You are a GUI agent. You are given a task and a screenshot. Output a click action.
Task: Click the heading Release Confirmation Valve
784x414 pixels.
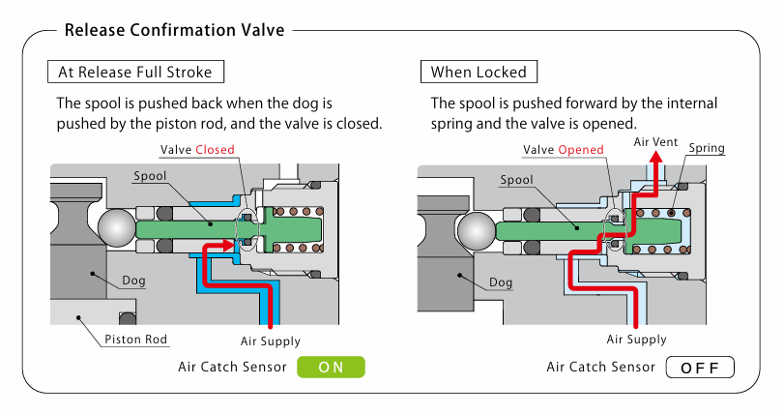[x=174, y=30]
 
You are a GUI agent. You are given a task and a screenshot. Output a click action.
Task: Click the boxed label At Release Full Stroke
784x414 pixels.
[x=135, y=72]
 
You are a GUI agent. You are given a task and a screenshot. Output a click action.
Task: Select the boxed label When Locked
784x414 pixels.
[x=479, y=72]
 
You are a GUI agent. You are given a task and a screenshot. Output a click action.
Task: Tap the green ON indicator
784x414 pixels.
[x=331, y=367]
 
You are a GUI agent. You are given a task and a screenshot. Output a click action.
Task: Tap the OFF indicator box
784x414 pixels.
[x=700, y=367]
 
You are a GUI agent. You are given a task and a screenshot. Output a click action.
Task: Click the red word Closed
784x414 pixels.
[x=215, y=150]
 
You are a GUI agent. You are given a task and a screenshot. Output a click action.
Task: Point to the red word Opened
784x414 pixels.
[x=581, y=150]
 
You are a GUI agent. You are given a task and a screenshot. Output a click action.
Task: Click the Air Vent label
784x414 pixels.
[x=655, y=141]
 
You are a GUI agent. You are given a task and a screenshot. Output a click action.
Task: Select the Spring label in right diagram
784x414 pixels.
[x=707, y=149]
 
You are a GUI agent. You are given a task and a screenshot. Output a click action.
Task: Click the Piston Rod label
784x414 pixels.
[x=136, y=340]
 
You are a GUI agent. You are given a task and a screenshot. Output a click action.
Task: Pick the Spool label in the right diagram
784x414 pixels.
[x=517, y=180]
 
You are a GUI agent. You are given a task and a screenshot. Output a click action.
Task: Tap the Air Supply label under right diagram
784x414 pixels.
[x=636, y=340]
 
